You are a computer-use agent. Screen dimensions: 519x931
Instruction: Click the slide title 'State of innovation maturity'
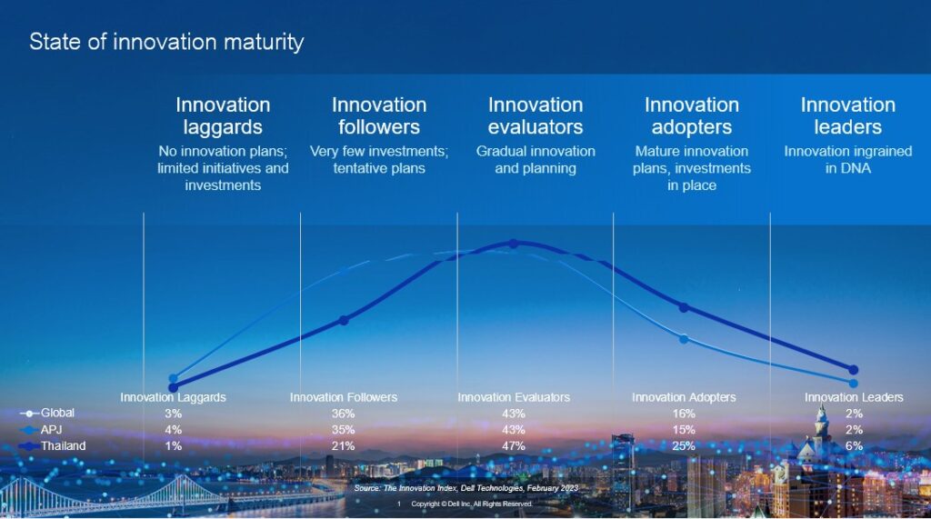click(166, 42)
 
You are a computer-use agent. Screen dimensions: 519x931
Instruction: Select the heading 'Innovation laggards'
click(223, 115)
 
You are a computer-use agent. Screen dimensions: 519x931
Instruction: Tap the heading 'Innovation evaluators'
click(536, 115)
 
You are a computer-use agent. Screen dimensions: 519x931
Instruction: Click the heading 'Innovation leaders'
click(847, 115)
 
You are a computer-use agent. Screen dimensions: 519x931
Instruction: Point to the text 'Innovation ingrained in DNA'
click(847, 159)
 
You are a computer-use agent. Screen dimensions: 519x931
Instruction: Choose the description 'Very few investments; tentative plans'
click(379, 159)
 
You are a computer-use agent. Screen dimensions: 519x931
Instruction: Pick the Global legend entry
click(58, 414)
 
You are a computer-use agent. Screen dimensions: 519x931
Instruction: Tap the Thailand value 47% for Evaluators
click(514, 446)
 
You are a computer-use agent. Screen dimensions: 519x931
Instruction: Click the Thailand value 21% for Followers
click(344, 446)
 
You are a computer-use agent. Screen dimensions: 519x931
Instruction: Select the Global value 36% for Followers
click(344, 414)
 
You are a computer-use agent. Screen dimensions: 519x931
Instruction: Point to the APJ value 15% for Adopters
click(684, 430)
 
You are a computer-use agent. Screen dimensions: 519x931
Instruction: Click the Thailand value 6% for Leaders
click(854, 446)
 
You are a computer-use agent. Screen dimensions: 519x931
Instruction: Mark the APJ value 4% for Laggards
click(173, 430)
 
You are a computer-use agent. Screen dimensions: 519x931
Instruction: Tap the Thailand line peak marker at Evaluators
click(514, 244)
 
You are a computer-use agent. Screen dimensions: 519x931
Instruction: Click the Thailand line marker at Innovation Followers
click(344, 320)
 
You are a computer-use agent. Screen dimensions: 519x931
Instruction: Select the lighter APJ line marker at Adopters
click(684, 339)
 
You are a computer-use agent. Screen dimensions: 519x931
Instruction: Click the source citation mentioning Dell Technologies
click(465, 489)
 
